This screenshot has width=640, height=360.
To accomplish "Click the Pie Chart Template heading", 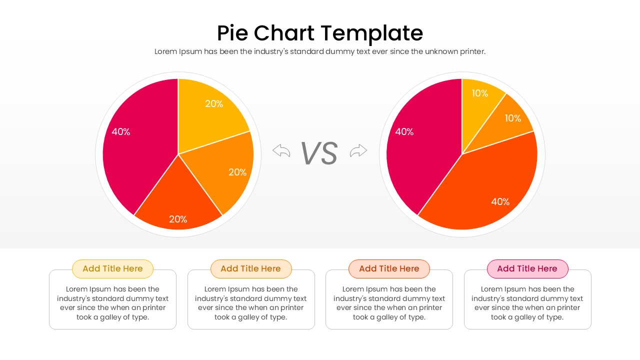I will pos(320,33).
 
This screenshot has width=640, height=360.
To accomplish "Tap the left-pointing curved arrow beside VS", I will pos(281,150).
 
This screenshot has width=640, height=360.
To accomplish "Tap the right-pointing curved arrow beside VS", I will pos(358,150).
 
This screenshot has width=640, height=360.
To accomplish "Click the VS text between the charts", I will pos(319,153).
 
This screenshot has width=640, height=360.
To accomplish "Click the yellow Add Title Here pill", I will pos(112,268).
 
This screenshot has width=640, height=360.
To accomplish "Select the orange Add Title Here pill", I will pos(251,268).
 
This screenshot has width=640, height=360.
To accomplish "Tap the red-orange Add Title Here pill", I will pos(389,268).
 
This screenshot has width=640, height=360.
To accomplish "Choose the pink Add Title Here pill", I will pos(527,268).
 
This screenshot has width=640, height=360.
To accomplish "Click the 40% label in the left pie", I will pos(121,132).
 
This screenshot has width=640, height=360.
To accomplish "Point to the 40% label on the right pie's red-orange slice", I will pos(500,202).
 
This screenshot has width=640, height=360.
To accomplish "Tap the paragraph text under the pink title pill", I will pos(527,303).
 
